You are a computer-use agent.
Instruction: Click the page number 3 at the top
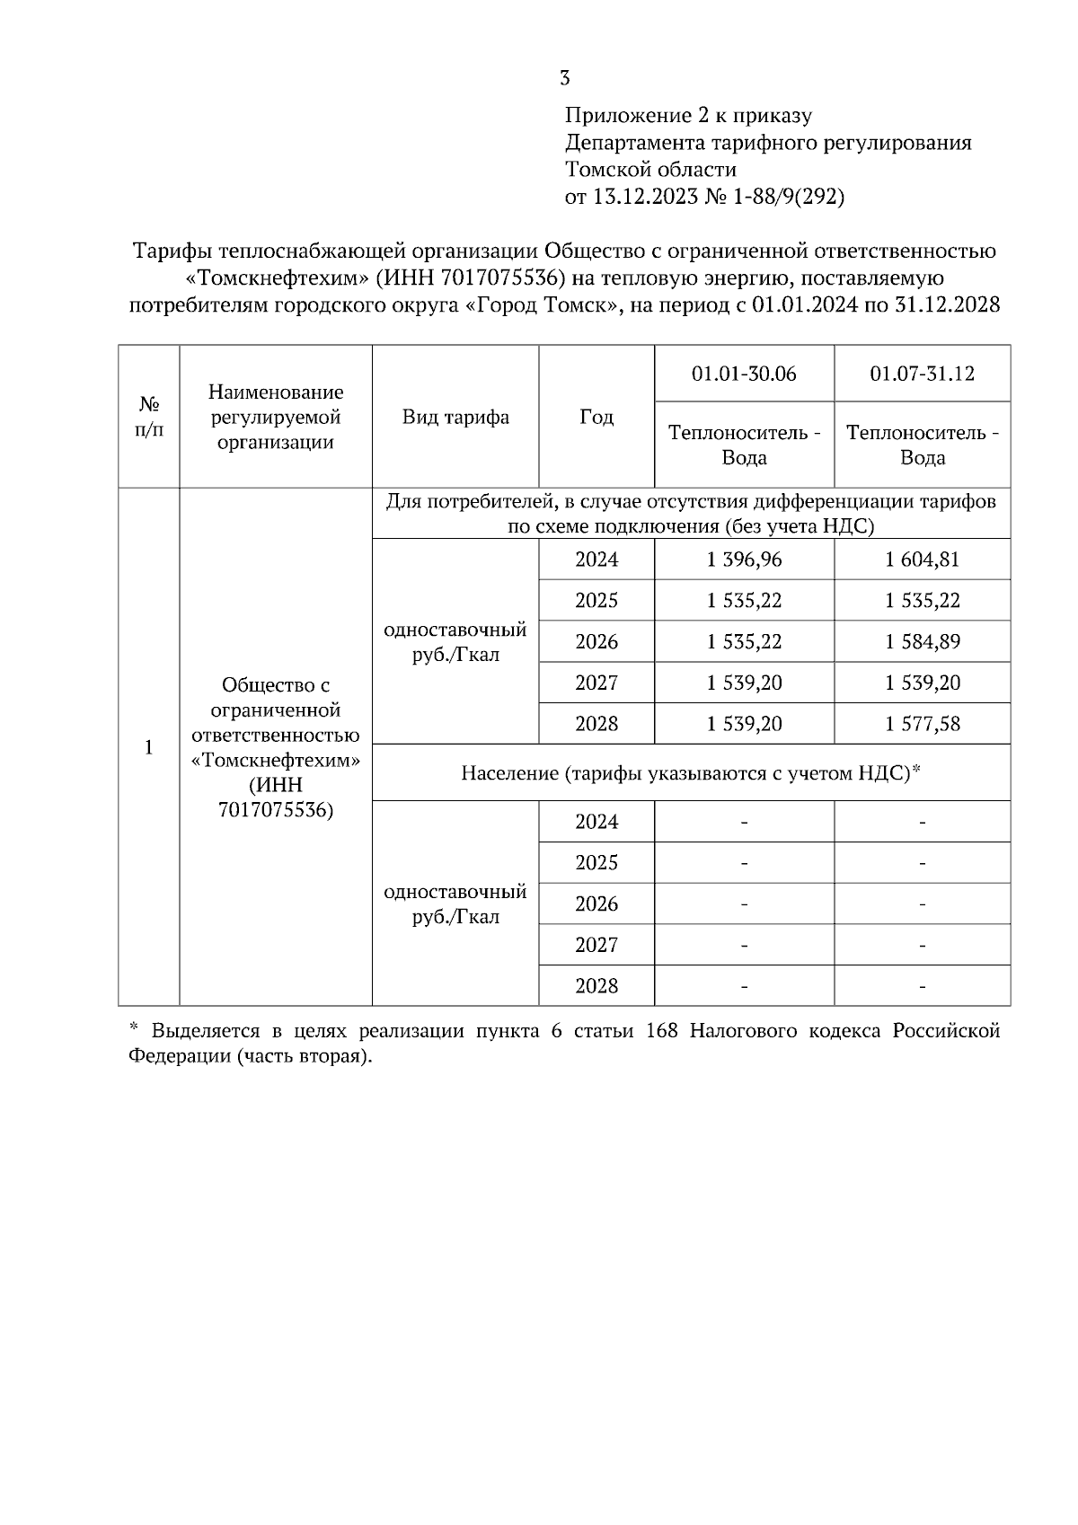pos(564,78)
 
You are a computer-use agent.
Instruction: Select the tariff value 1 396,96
pos(744,560)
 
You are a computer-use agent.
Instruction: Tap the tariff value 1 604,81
pos(922,560)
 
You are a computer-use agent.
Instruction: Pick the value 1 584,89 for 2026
pos(922,642)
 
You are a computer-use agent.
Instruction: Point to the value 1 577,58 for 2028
pos(922,724)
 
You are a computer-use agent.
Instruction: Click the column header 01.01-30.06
pos(744,374)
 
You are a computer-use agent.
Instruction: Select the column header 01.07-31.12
pos(922,374)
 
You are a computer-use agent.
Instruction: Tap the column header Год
pos(596,417)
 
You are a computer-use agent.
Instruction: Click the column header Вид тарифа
pos(455,417)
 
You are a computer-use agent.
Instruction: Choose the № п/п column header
pos(149,417)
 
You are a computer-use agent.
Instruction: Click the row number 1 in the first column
pos(149,747)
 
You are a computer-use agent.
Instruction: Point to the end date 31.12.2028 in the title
pos(948,305)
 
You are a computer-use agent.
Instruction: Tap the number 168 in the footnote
pos(663,1031)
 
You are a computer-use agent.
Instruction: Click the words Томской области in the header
pos(650,170)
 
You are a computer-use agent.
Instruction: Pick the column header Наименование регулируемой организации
pos(276,417)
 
